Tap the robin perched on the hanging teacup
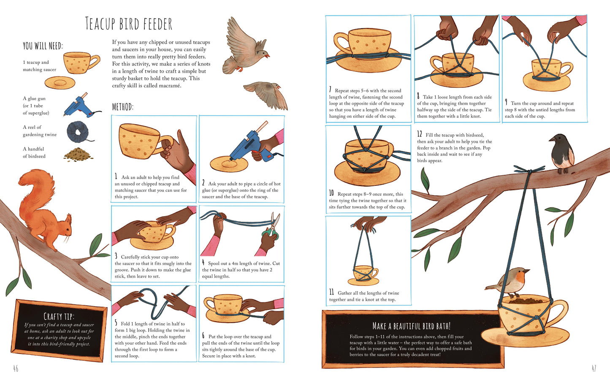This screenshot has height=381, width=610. (x=509, y=283)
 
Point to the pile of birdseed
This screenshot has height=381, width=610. (x=78, y=154)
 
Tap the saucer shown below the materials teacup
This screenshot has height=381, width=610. (x=60, y=82)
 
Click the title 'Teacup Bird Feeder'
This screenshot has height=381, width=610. (x=128, y=23)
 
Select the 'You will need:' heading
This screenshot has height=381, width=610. (x=43, y=46)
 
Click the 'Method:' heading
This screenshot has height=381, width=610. (x=123, y=107)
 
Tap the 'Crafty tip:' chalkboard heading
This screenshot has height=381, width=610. (x=59, y=316)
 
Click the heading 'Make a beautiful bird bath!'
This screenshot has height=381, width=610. (x=412, y=326)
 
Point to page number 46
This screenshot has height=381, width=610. (x=16, y=368)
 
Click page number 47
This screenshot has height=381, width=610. (x=594, y=368)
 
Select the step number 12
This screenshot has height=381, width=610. (x=419, y=134)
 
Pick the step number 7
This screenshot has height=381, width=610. (x=330, y=90)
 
